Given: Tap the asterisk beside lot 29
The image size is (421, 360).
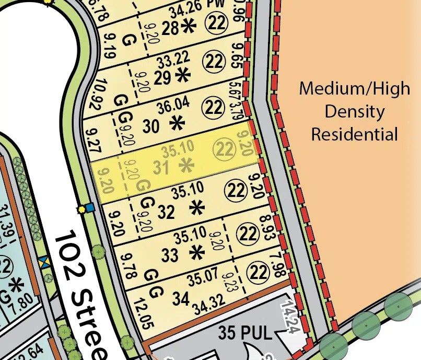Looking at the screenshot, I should click(x=183, y=76).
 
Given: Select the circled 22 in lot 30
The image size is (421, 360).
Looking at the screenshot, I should click(x=214, y=108).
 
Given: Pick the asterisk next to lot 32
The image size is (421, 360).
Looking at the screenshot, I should click(x=197, y=208).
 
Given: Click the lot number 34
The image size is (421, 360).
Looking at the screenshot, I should click(x=180, y=299).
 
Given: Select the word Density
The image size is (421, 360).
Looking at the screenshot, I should click(x=355, y=111).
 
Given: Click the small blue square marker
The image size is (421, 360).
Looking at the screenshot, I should click(x=90, y=208).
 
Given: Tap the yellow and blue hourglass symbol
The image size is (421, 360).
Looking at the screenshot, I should click(x=44, y=261).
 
